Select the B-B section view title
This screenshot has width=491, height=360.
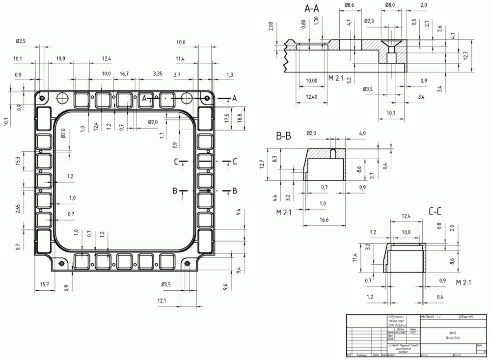(x=283, y=136)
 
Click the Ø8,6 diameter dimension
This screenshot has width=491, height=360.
(x=349, y=5)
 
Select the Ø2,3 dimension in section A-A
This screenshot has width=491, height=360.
(x=369, y=22)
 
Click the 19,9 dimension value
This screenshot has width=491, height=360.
(x=60, y=59)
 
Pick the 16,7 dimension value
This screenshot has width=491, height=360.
(x=124, y=73)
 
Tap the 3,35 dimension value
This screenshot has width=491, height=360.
(x=157, y=73)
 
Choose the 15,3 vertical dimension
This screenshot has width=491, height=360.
(x=18, y=161)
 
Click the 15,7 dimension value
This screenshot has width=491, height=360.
(x=45, y=285)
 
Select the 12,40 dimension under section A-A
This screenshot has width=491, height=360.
(x=311, y=97)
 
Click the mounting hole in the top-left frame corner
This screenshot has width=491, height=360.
(x=43, y=98)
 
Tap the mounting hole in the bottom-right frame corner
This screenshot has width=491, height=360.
(x=187, y=264)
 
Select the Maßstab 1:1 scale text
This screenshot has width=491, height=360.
(x=433, y=317)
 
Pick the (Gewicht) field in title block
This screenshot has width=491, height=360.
(x=466, y=317)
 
